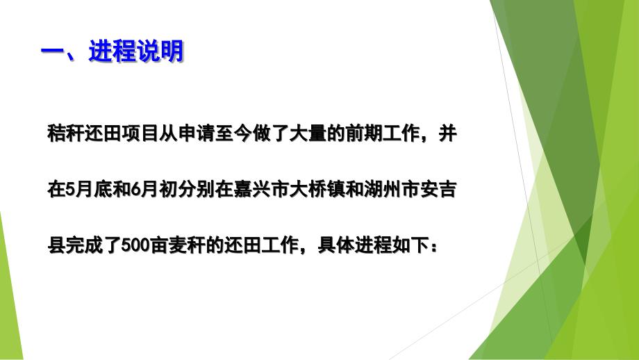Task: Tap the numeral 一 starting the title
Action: click(53, 52)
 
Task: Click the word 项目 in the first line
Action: click(140, 133)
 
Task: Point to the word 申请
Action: click(196, 133)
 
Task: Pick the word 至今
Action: click(233, 133)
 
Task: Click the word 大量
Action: click(308, 133)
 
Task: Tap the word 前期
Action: click(364, 133)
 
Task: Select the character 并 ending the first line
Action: click(447, 133)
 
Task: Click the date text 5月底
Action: click(89, 189)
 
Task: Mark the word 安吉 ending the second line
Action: click(438, 189)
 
